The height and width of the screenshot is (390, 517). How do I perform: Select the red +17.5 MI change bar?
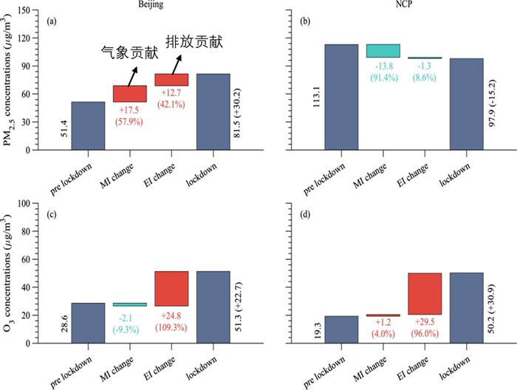click(129, 94)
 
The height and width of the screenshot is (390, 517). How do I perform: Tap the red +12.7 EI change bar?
click(171, 80)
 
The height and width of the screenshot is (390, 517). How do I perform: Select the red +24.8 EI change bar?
click(171, 289)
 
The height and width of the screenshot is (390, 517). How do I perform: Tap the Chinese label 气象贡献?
click(124, 52)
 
